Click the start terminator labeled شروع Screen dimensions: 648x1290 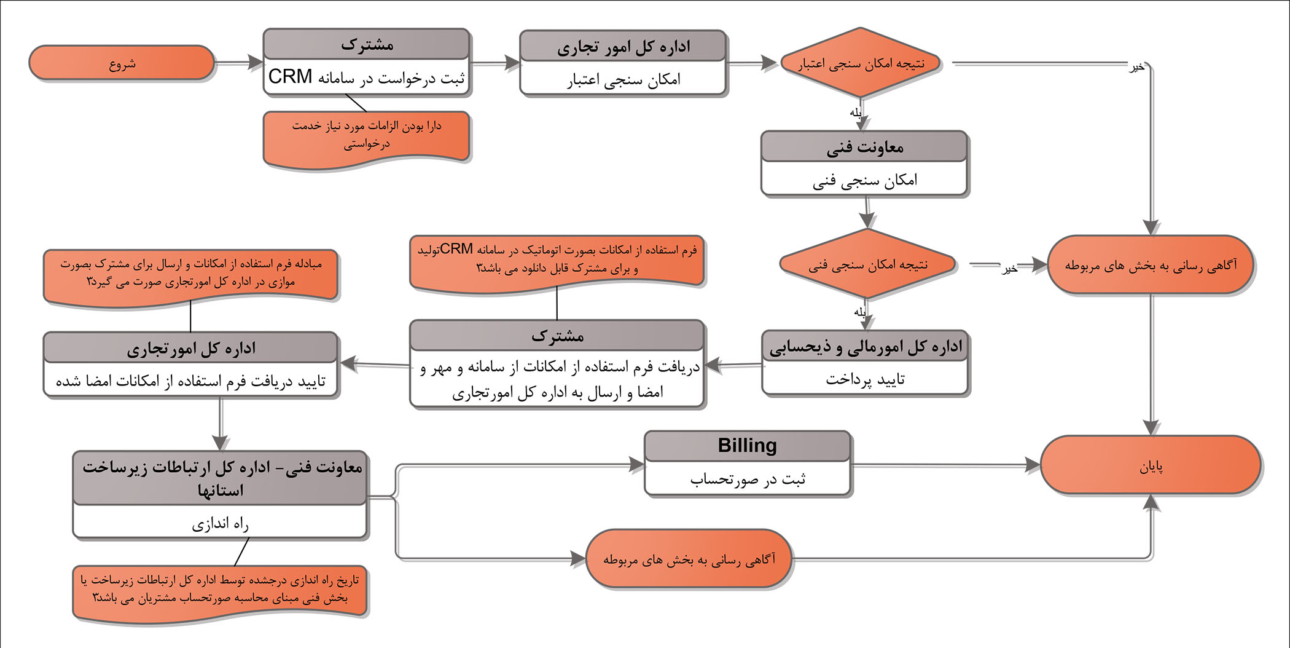click(x=122, y=63)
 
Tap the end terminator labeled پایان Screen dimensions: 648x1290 click(x=1151, y=466)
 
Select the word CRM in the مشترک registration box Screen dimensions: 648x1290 click(x=290, y=77)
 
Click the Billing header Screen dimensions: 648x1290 click(x=747, y=445)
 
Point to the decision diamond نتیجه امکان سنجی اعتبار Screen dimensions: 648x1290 click(x=861, y=63)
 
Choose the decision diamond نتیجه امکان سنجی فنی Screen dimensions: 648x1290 click(x=867, y=264)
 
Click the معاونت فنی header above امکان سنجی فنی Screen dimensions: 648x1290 click(x=864, y=147)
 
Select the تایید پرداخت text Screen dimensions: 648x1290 click(x=864, y=379)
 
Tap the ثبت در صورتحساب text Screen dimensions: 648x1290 click(x=747, y=479)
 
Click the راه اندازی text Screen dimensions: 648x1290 click(x=220, y=523)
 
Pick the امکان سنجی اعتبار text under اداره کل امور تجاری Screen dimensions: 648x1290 click(x=623, y=79)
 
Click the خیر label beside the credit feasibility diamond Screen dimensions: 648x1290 click(x=1136, y=67)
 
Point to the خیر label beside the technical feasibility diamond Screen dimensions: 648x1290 click(x=1009, y=269)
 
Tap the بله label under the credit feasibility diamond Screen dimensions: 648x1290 click(x=856, y=113)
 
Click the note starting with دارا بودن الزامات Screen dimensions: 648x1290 click(x=366, y=135)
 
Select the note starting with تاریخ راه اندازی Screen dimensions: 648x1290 click(x=219, y=590)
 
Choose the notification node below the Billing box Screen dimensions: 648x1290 click(x=689, y=559)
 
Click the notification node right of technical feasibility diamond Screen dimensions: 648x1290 click(x=1150, y=265)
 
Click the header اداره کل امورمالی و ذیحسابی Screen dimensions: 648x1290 click(x=864, y=347)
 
